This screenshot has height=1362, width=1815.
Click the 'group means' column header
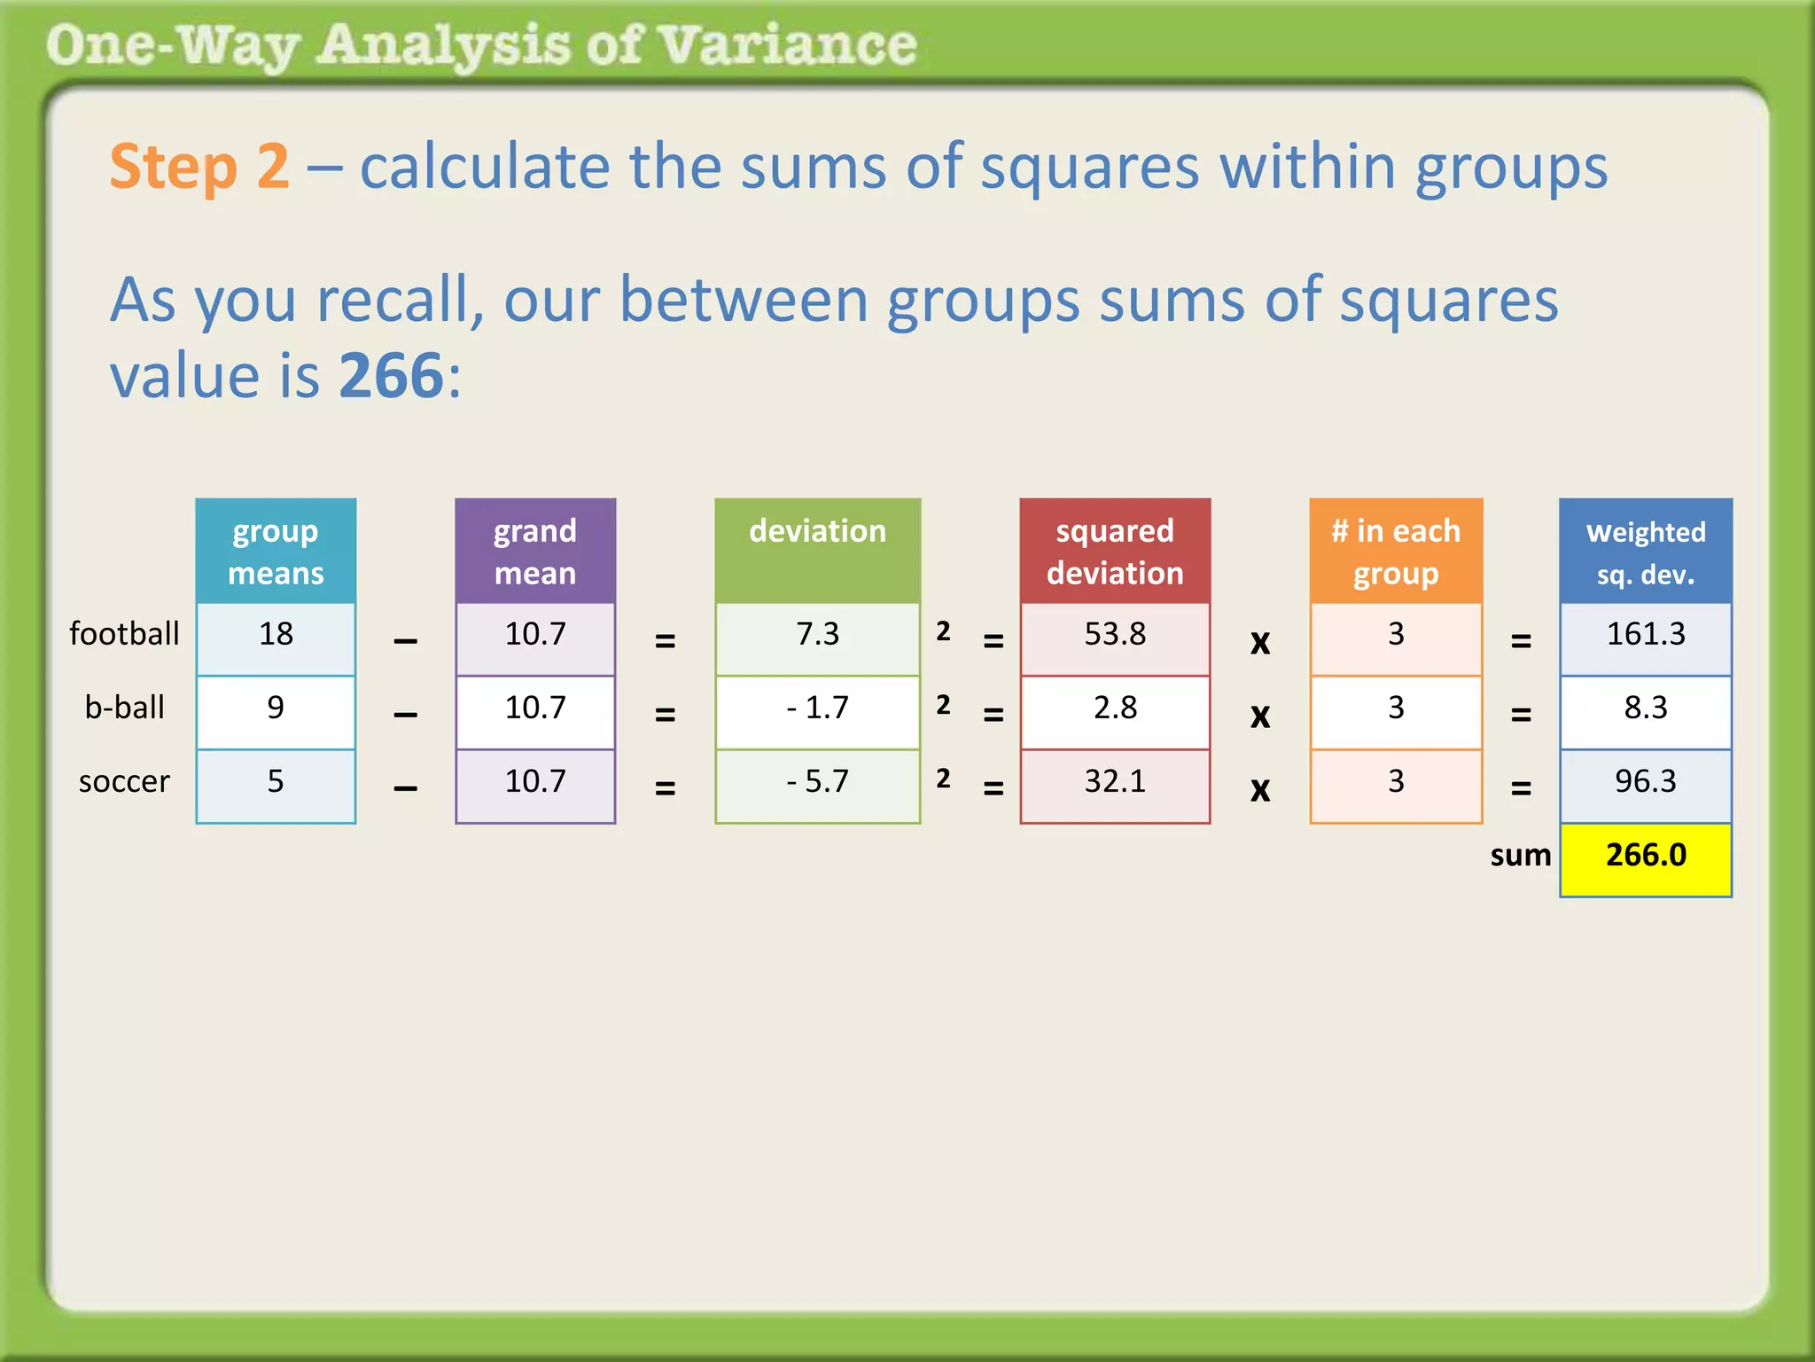pyautogui.click(x=276, y=552)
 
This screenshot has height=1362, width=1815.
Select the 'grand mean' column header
pyautogui.click(x=535, y=552)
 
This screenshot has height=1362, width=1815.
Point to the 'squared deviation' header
pyautogui.click(x=1115, y=552)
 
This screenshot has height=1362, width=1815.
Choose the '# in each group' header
pyautogui.click(x=1396, y=552)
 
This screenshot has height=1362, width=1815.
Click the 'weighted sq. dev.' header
pyautogui.click(x=1646, y=552)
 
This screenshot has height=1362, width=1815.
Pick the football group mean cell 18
pyautogui.click(x=276, y=634)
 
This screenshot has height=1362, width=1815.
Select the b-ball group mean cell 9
pyautogui.click(x=276, y=708)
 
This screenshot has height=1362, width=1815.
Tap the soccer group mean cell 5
pyautogui.click(x=276, y=781)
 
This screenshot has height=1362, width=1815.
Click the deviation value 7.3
pyautogui.click(x=817, y=634)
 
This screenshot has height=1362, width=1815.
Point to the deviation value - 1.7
pyautogui.click(x=817, y=708)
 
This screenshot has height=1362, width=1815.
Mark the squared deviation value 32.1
pyautogui.click(x=1115, y=781)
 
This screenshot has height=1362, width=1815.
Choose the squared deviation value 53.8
pyautogui.click(x=1115, y=634)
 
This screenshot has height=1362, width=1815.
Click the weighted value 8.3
pyautogui.click(x=1646, y=708)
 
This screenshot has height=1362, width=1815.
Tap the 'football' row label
pyautogui.click(x=124, y=634)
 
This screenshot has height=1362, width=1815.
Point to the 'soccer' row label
pyautogui.click(x=124, y=781)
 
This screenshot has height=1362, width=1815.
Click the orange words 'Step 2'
pyautogui.click(x=199, y=167)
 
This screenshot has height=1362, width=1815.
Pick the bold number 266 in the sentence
pyautogui.click(x=391, y=376)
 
